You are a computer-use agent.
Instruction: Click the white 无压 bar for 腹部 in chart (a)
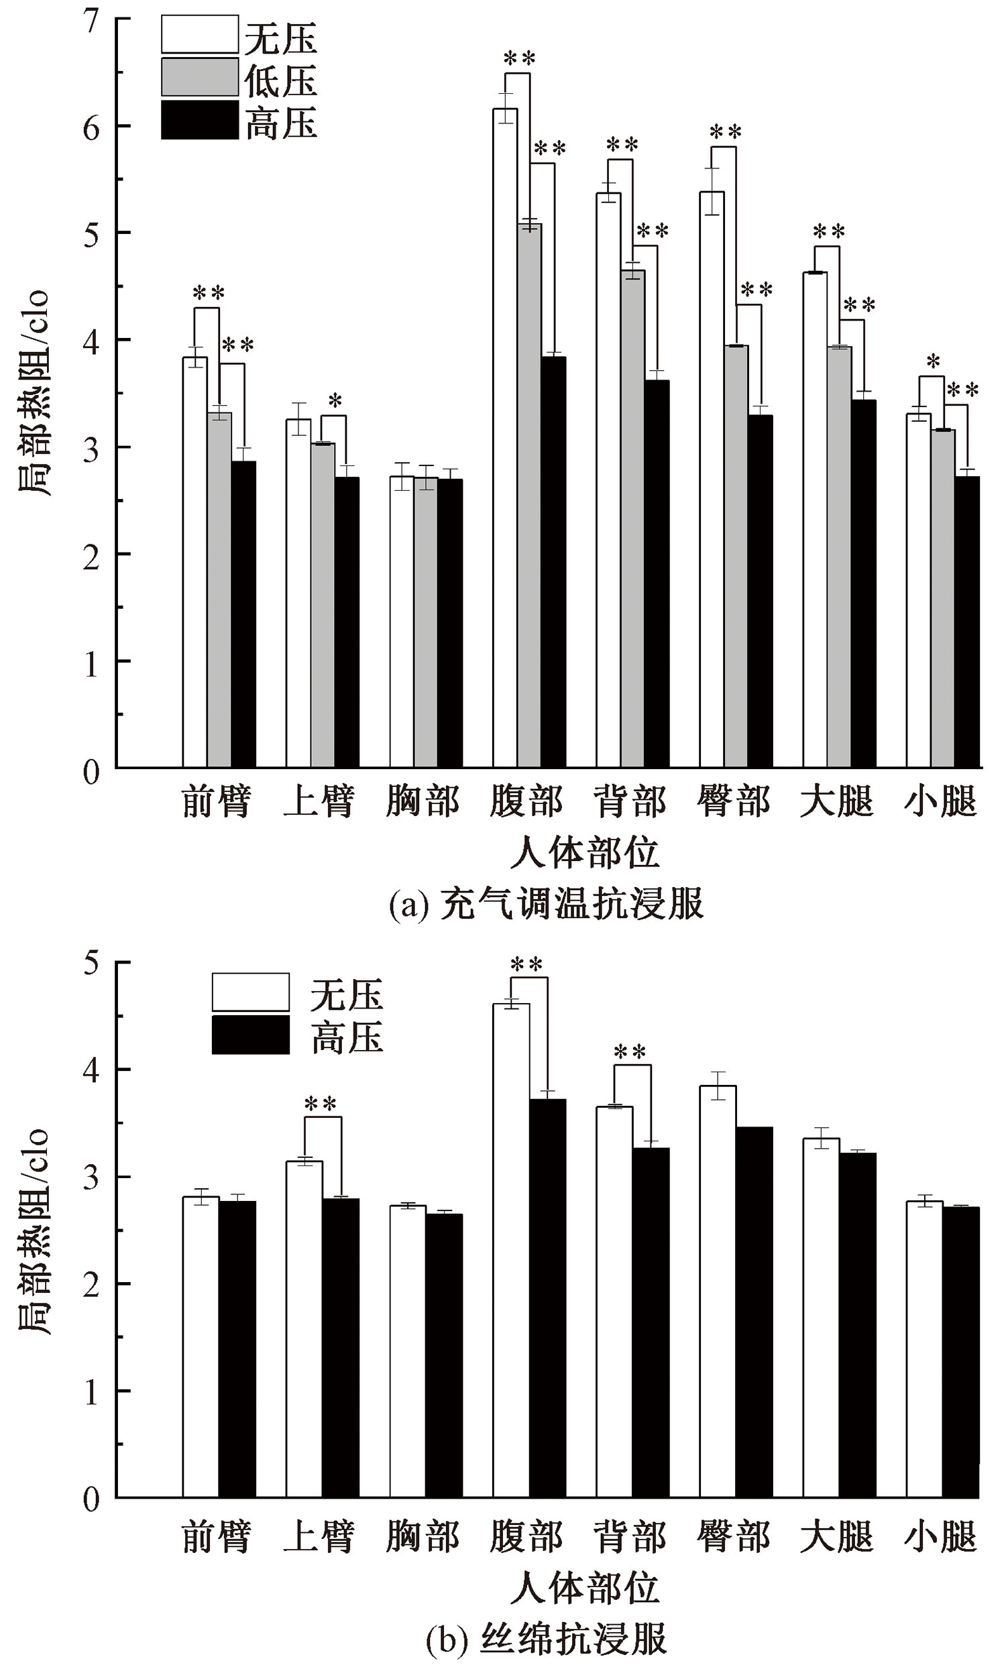click(x=505, y=440)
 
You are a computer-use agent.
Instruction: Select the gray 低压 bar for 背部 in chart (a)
click(x=632, y=521)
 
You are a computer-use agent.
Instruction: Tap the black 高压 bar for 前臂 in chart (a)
click(x=243, y=616)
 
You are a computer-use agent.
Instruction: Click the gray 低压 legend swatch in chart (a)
click(x=200, y=78)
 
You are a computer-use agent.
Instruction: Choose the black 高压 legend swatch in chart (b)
click(x=250, y=1035)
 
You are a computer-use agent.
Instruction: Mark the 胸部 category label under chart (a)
click(x=423, y=802)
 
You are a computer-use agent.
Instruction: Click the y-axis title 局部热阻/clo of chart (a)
click(x=34, y=392)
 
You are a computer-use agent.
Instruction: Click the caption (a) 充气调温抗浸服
click(x=547, y=904)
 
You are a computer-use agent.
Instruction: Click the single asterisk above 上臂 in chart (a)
click(x=335, y=401)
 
